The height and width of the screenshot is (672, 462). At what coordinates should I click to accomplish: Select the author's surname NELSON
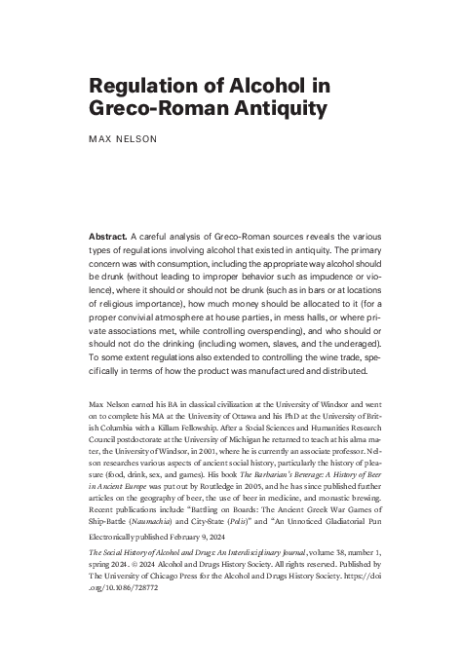[x=138, y=139]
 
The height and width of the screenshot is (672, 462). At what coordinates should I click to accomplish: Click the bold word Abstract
[x=110, y=236]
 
